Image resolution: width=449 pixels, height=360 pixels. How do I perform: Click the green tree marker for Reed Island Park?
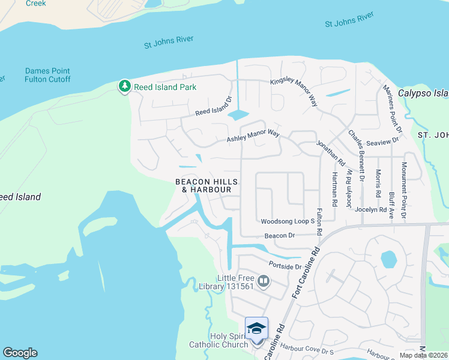(x=124, y=87)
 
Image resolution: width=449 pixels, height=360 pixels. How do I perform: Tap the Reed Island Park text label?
(x=165, y=87)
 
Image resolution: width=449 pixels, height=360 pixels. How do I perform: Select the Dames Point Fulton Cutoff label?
(x=47, y=75)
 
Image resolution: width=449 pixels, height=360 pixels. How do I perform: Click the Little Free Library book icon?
(x=263, y=281)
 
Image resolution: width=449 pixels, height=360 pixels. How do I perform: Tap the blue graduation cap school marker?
(x=256, y=328)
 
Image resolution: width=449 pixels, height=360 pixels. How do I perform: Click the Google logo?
(x=20, y=353)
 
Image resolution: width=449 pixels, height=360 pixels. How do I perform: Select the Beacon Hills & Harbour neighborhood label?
(x=206, y=185)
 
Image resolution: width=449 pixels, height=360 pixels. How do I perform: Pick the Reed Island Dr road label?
(x=214, y=108)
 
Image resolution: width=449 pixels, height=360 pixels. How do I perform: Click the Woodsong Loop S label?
(x=288, y=221)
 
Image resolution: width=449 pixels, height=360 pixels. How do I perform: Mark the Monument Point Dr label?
(x=404, y=190)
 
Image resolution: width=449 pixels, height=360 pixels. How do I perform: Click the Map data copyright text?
(x=423, y=355)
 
